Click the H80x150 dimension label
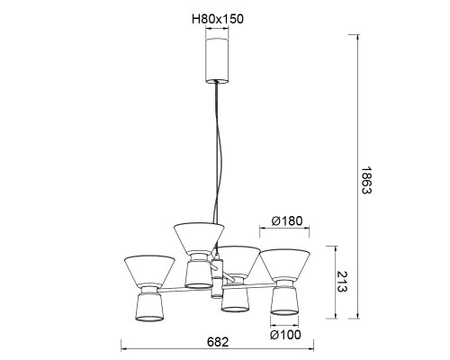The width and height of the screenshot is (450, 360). [218, 19]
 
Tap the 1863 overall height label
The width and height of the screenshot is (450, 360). [366, 180]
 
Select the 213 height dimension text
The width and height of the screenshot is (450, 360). [342, 282]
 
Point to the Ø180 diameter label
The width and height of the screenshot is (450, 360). [287, 221]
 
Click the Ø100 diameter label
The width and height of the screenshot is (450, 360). [285, 335]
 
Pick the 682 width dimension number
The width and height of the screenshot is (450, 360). [218, 342]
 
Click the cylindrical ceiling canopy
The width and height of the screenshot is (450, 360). [217, 60]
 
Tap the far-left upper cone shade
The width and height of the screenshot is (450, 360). [149, 271]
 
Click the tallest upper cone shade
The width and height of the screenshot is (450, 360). [199, 238]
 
